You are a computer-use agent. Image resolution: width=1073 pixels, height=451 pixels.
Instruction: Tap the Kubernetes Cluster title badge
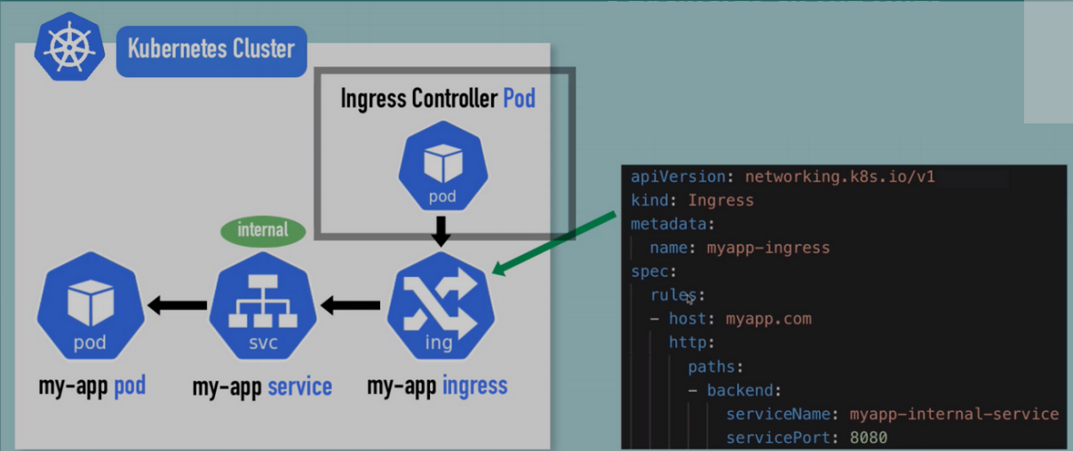(x=211, y=48)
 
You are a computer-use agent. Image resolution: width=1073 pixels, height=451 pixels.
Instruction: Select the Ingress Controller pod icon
(x=441, y=166)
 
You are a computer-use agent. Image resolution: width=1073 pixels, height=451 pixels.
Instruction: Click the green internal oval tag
(x=263, y=230)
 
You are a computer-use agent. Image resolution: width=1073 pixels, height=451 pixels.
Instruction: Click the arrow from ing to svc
(x=350, y=306)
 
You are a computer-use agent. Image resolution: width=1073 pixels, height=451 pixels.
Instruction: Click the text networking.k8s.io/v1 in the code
(x=839, y=177)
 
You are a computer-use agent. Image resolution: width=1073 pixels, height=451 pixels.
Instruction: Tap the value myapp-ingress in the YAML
(x=767, y=248)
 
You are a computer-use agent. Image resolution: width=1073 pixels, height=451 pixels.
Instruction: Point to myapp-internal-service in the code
(x=954, y=414)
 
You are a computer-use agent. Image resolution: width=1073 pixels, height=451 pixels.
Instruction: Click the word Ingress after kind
(x=720, y=201)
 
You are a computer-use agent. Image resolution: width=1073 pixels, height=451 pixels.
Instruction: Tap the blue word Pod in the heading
(x=519, y=98)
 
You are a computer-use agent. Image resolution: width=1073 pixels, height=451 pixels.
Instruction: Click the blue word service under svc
(x=299, y=387)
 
